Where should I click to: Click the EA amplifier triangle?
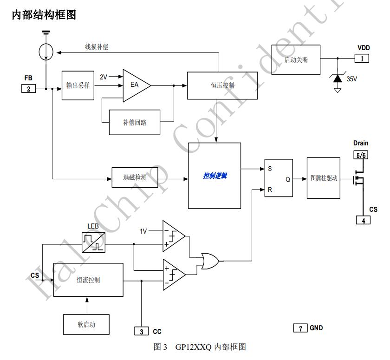(x=135, y=85)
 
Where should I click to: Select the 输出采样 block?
(x=78, y=85)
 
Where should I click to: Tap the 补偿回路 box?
(x=135, y=122)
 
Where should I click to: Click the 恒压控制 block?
(x=222, y=85)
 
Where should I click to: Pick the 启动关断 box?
(x=296, y=60)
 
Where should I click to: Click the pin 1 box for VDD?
(x=362, y=59)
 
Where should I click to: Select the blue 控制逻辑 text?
(x=214, y=176)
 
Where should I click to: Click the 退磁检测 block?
(x=135, y=177)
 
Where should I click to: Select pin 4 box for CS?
(x=363, y=220)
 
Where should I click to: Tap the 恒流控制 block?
(x=88, y=280)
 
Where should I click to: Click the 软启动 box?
(x=86, y=324)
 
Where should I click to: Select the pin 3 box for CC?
(x=141, y=331)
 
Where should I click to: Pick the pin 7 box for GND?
(x=300, y=328)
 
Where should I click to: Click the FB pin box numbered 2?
(x=28, y=88)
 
